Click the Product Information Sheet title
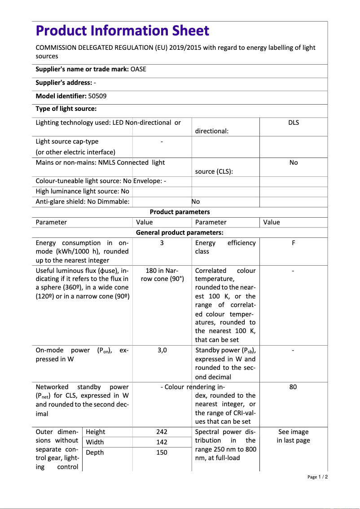point(122,31)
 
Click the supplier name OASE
point(138,69)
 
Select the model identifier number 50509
point(97,96)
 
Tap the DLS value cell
point(293,123)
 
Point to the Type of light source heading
point(66,109)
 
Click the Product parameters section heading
point(180,212)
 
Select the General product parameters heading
point(180,233)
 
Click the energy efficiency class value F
point(293,243)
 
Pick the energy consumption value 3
point(162,243)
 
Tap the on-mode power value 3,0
point(162,350)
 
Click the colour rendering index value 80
point(293,387)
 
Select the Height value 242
point(162,432)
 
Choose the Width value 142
point(162,442)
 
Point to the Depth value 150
point(162,452)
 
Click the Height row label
point(95,432)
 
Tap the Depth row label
point(95,452)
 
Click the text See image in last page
point(293,436)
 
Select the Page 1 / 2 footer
point(317,477)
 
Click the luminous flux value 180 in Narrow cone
point(162,275)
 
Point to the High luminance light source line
point(82,191)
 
